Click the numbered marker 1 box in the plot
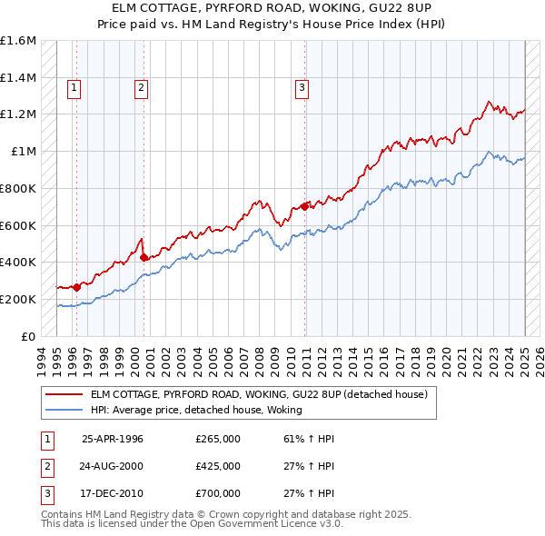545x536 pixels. click(74, 88)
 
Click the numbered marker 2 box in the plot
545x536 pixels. click(142, 88)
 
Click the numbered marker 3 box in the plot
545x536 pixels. click(301, 88)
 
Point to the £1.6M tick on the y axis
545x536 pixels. click(18, 41)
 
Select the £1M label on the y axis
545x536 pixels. click(25, 152)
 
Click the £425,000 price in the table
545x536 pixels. click(218, 466)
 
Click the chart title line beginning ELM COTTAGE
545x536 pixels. click(272, 8)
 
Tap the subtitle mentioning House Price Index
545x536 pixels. click(272, 24)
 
